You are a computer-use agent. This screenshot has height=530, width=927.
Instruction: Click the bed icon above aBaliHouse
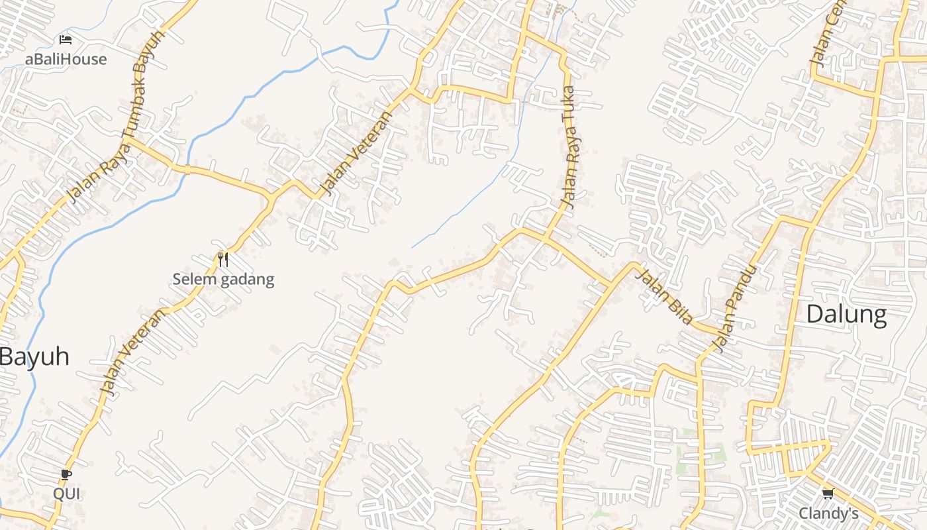pyautogui.click(x=66, y=40)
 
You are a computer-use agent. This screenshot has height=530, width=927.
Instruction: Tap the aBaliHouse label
pyautogui.click(x=66, y=59)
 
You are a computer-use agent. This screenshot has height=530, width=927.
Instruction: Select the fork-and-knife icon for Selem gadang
pyautogui.click(x=222, y=259)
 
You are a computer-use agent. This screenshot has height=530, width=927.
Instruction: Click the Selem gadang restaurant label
pyautogui.click(x=223, y=279)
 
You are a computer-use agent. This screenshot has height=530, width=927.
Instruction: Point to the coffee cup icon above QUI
pyautogui.click(x=66, y=474)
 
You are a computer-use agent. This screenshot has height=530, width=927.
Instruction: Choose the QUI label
pyautogui.click(x=66, y=494)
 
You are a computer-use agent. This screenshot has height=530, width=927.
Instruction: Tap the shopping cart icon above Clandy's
pyautogui.click(x=828, y=494)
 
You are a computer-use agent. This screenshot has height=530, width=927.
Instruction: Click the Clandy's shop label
pyautogui.click(x=828, y=513)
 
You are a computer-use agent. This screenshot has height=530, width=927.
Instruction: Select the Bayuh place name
pyautogui.click(x=34, y=356)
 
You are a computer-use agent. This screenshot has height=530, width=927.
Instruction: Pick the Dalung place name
pyautogui.click(x=846, y=314)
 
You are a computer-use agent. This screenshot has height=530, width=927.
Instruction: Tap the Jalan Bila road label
pyautogui.click(x=663, y=296)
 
